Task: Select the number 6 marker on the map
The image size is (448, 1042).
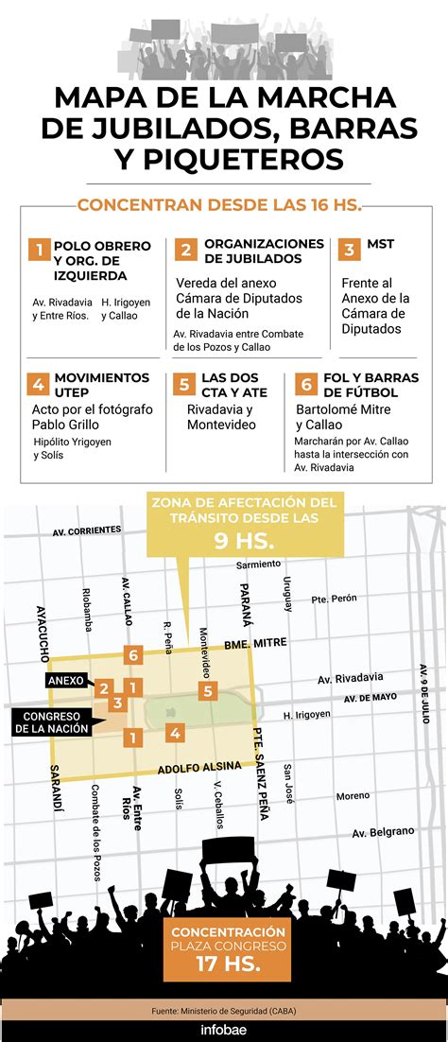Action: pos(133,655)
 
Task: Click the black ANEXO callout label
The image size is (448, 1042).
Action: pos(66,680)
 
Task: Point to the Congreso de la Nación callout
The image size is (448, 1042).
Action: pos(51,721)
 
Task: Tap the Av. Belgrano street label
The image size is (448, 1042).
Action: pos(383,832)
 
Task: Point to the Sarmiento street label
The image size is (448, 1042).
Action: pos(258,564)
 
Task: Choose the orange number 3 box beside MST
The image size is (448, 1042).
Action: pos(349,250)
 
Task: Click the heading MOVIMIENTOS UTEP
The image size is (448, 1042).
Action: pos(101,384)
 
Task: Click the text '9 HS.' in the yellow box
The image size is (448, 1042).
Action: pos(244,543)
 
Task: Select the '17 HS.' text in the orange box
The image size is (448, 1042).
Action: pos(224,965)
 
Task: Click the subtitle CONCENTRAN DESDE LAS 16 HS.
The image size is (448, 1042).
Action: pos(220,205)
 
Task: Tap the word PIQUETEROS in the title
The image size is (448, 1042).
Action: pos(224,155)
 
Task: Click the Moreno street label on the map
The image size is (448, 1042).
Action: pos(353,795)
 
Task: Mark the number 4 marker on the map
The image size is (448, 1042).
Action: pos(174,732)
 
